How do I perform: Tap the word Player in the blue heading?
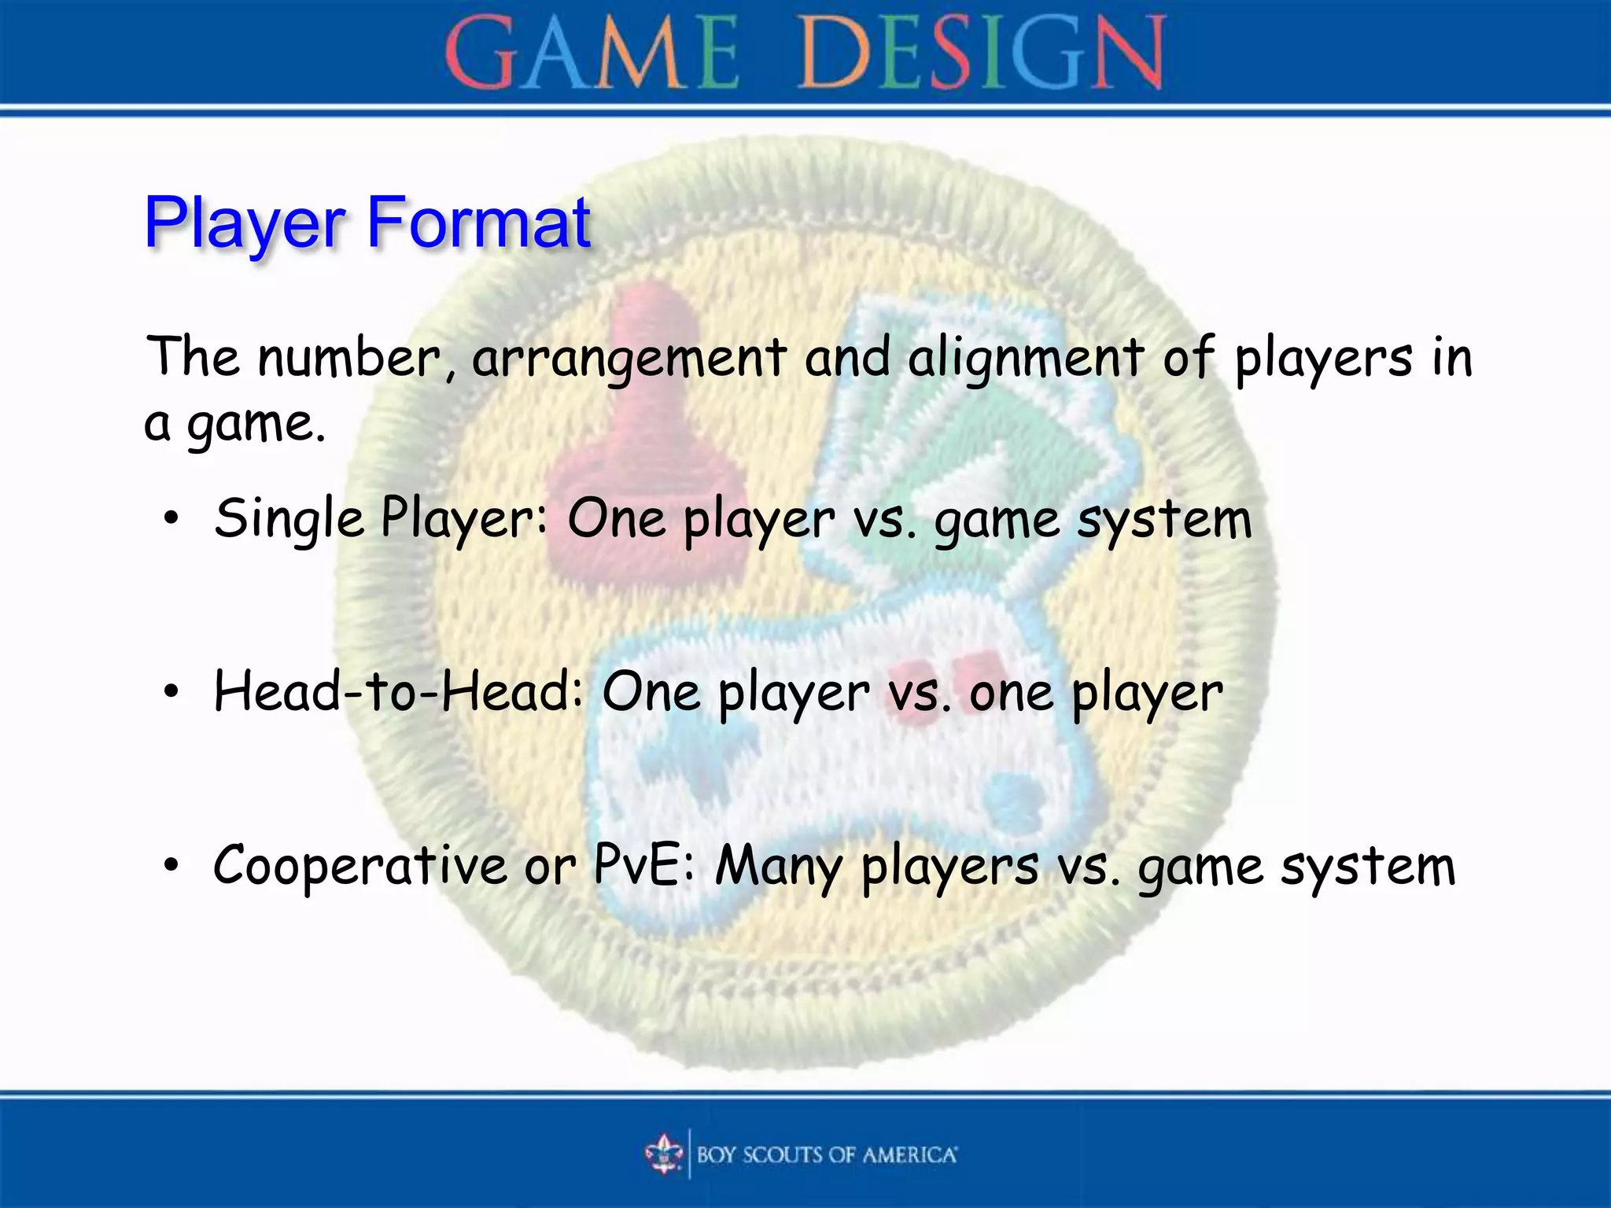(245, 224)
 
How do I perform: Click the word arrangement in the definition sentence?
(629, 359)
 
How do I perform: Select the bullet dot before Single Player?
(171, 519)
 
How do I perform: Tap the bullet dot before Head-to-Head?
(171, 692)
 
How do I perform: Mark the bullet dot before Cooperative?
(171, 866)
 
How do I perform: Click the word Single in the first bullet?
(289, 519)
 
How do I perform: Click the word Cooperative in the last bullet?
(360, 866)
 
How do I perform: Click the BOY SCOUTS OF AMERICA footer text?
(826, 1155)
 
